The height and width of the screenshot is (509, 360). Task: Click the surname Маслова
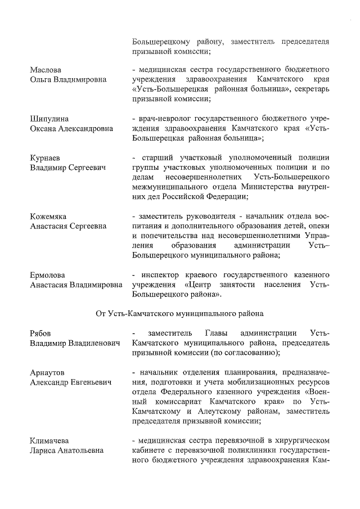tap(45, 70)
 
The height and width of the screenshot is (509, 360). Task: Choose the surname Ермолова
tap(48, 275)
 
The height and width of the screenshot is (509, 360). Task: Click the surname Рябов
tap(41, 334)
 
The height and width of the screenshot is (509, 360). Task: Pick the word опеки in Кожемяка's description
tap(318, 226)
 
